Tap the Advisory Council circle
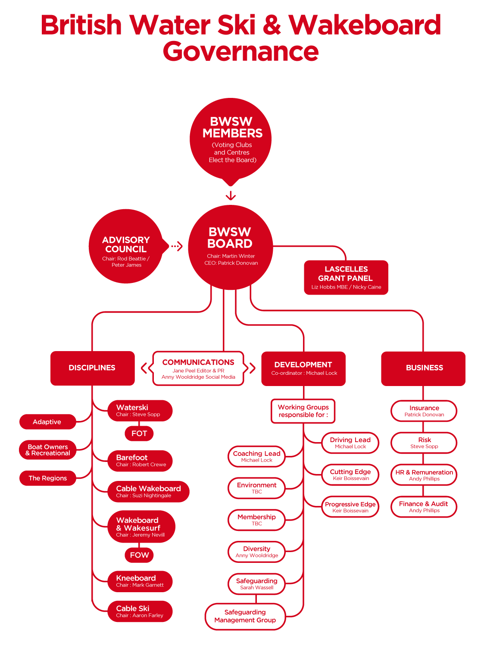point(126,247)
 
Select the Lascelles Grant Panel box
point(346,277)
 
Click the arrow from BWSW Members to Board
point(231,195)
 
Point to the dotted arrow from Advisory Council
point(177,246)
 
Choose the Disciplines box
point(92,368)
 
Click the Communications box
point(198,368)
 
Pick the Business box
point(423,368)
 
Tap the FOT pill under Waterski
point(139,433)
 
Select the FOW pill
point(139,555)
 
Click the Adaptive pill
point(47,422)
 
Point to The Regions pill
point(47,478)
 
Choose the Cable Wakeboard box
point(148,491)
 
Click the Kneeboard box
point(140,581)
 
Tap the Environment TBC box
point(256,488)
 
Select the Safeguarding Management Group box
point(245,616)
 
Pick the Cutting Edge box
point(350,474)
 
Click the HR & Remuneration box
point(424,475)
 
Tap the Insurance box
point(424,411)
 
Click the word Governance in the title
point(240,51)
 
